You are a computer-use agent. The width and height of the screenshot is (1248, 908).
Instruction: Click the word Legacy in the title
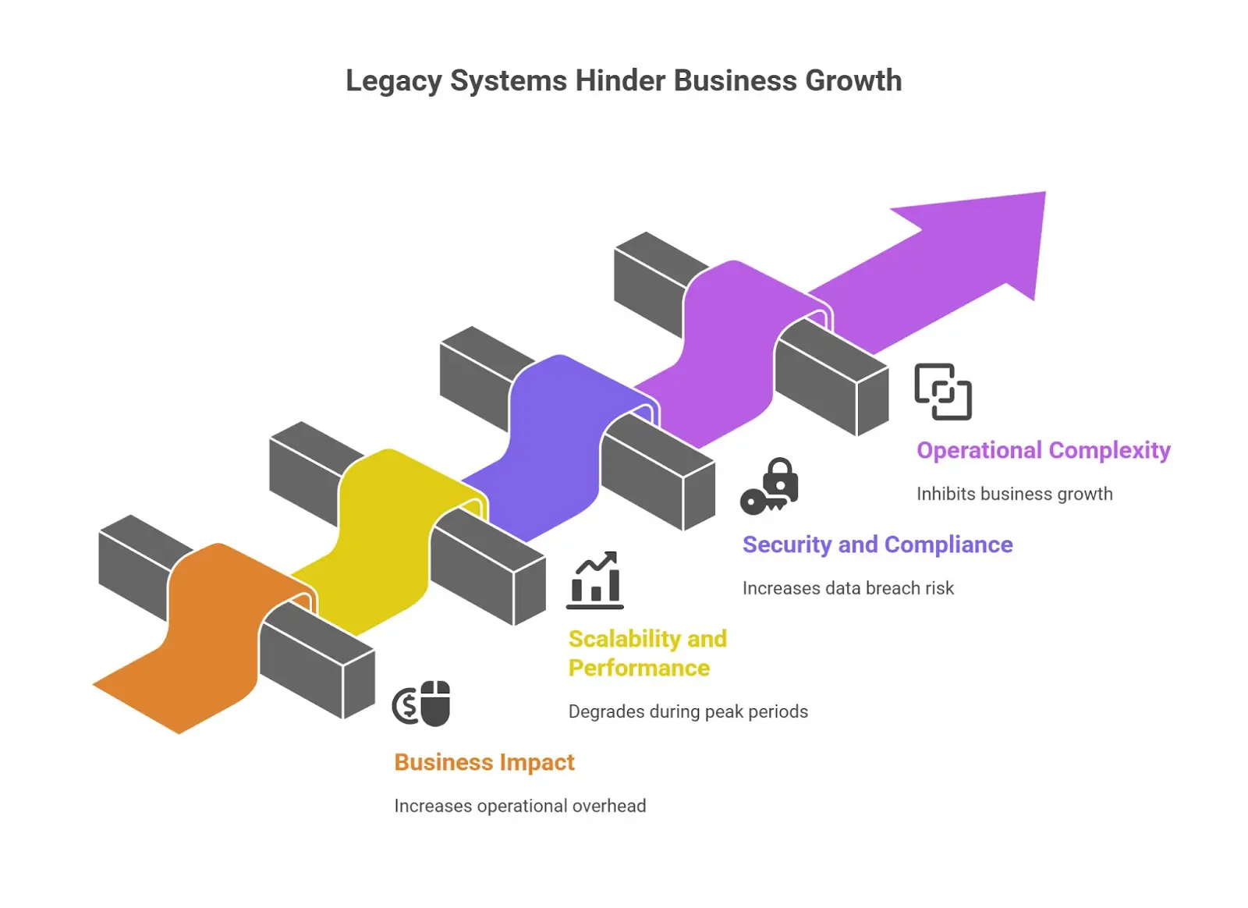(393, 81)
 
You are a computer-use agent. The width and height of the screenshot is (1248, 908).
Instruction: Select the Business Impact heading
(484, 762)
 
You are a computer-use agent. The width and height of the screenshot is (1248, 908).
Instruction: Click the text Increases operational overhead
(519, 806)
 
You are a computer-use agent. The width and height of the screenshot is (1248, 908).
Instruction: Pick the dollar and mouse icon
(422, 704)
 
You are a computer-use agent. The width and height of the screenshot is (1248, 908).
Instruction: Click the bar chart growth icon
(595, 580)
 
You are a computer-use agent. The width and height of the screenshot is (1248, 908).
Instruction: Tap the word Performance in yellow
(639, 669)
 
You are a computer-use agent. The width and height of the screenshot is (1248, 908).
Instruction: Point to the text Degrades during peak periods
(688, 711)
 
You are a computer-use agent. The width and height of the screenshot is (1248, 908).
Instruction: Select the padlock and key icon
(770, 487)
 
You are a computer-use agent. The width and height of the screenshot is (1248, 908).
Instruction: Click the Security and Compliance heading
(877, 544)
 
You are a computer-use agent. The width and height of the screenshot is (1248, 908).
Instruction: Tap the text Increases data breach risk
(848, 588)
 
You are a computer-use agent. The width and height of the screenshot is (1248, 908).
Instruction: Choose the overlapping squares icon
(943, 392)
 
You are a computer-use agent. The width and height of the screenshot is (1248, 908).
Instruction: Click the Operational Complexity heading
(1043, 450)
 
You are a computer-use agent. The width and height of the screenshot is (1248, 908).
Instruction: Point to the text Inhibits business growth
(1014, 494)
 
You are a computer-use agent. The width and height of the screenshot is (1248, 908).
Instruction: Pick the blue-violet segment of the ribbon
(554, 445)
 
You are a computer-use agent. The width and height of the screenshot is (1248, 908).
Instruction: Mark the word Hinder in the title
(620, 81)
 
